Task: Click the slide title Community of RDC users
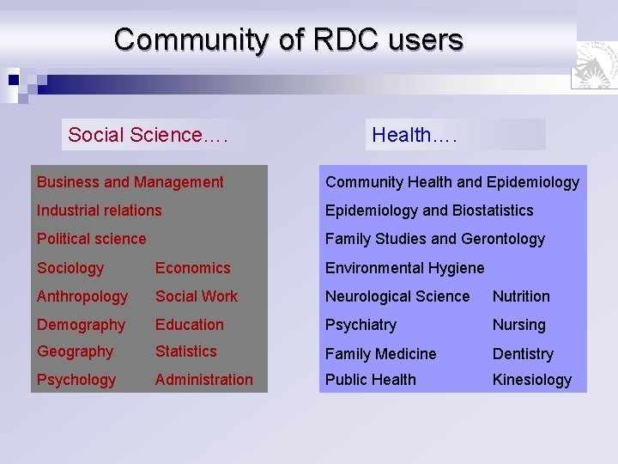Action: [x=288, y=40]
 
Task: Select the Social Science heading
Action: [x=148, y=135]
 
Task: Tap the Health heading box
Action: [x=455, y=135]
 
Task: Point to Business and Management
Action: [x=130, y=182]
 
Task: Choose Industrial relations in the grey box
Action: [x=99, y=211]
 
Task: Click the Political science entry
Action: [x=91, y=239]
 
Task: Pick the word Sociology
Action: [x=70, y=268]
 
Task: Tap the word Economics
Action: [x=192, y=268]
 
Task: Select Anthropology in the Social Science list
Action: [x=82, y=296]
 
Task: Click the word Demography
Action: [x=81, y=325]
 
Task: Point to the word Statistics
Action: [x=185, y=351]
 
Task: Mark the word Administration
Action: [x=203, y=380]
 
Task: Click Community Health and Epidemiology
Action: [x=451, y=182]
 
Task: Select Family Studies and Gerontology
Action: [x=434, y=239]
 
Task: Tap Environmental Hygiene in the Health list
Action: [x=404, y=268]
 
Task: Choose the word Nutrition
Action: [x=521, y=296]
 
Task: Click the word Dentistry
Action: [x=523, y=354]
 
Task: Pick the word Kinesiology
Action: [x=531, y=380]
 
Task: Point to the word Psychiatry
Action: [x=360, y=325]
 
